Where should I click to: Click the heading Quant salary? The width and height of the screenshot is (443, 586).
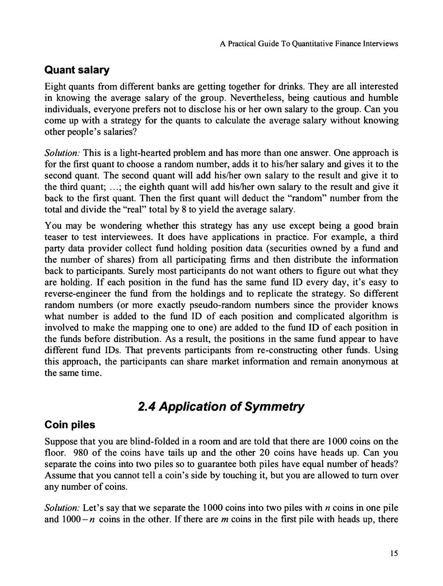[77, 70]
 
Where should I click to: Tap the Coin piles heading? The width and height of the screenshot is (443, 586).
[70, 425]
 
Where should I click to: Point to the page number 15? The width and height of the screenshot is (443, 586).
[394, 553]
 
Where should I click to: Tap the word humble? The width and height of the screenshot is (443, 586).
[383, 98]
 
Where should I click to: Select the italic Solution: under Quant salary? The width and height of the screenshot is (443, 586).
[62, 153]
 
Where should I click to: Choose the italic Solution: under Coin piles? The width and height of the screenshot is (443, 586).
[62, 508]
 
